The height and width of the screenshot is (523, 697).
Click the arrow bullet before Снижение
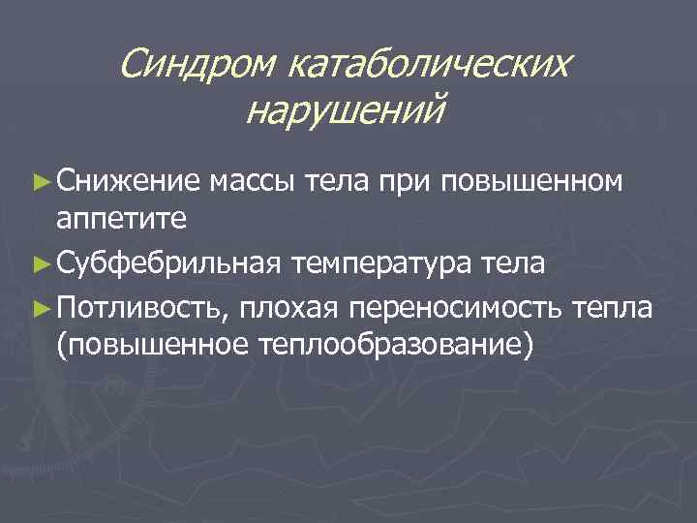tap(40, 180)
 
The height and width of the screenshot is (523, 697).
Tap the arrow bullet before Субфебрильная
tap(40, 262)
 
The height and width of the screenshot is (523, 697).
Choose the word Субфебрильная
tap(169, 262)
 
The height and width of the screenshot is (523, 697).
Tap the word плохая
tap(291, 307)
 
